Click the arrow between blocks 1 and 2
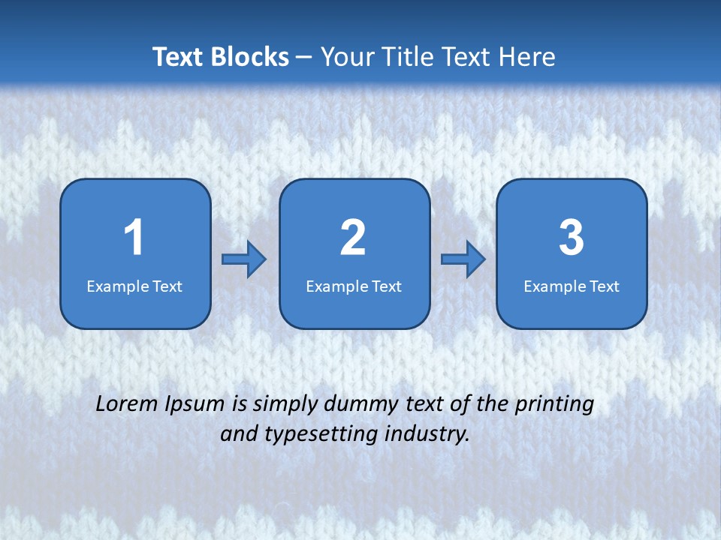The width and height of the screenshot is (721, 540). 244,259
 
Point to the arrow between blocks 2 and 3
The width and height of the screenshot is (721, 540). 463,259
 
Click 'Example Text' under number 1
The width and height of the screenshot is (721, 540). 134,286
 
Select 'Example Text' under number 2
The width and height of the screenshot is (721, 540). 354,286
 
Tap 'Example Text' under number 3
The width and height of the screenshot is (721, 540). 572,286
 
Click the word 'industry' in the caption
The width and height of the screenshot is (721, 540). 428,434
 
